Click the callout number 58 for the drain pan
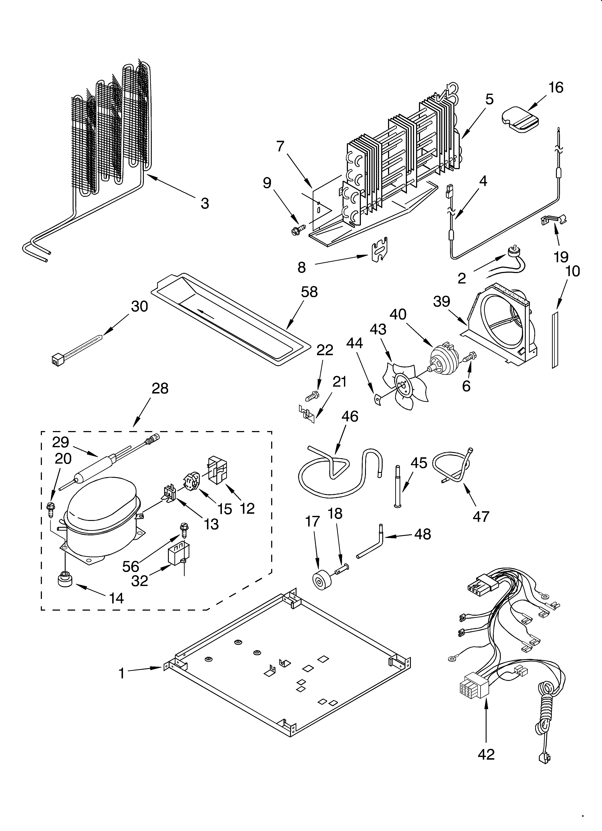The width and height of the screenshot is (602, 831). point(309,292)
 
